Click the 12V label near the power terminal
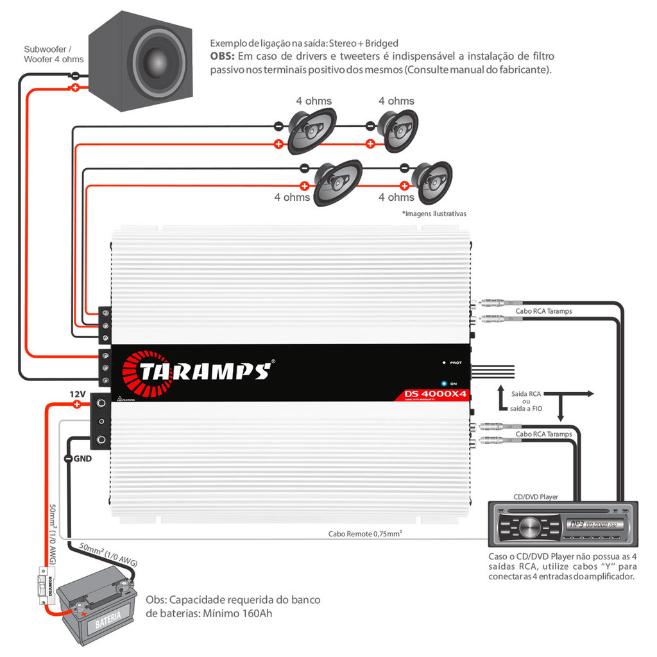pos(78,393)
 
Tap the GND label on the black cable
pos(82,458)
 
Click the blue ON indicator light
pos(443,382)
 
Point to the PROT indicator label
pos(456,363)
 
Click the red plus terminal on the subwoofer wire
pos(74,87)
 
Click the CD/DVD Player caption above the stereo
pos(536,497)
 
